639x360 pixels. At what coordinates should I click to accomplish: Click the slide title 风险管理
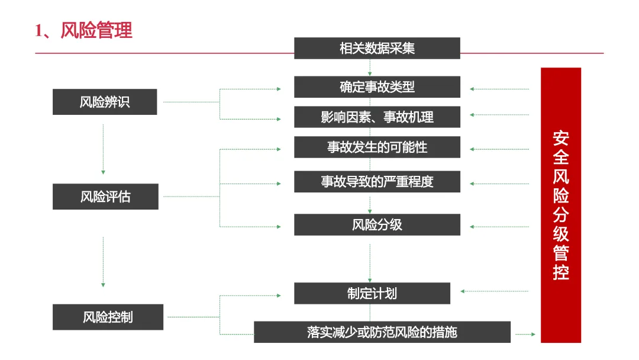[x=83, y=30]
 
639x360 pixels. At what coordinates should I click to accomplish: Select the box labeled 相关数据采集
[x=377, y=48]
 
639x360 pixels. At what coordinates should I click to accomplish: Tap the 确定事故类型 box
[x=377, y=87]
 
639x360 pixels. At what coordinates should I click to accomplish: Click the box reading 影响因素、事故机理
[x=377, y=117]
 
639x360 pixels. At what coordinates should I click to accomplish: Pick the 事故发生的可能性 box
[x=377, y=147]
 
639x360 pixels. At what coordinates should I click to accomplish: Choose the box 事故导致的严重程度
[x=377, y=181]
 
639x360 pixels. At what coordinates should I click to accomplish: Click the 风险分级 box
[x=377, y=224]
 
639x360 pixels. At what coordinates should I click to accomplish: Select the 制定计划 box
[x=372, y=293]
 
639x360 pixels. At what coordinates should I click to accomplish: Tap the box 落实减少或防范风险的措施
[x=382, y=332]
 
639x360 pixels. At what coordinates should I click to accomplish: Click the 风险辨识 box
[x=105, y=102]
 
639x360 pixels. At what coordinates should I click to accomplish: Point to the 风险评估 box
[x=105, y=197]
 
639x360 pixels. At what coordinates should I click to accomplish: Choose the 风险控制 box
[x=108, y=317]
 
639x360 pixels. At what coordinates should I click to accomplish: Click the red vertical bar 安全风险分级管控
[x=561, y=205]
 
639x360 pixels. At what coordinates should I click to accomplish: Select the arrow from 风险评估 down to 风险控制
[x=103, y=262]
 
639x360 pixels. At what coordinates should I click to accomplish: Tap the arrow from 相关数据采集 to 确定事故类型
[x=370, y=68]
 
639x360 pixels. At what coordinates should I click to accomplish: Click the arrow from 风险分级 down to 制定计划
[x=370, y=261]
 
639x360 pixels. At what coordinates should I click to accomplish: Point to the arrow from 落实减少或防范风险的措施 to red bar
[x=525, y=335]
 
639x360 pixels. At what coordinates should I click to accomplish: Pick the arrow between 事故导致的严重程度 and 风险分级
[x=370, y=203]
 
